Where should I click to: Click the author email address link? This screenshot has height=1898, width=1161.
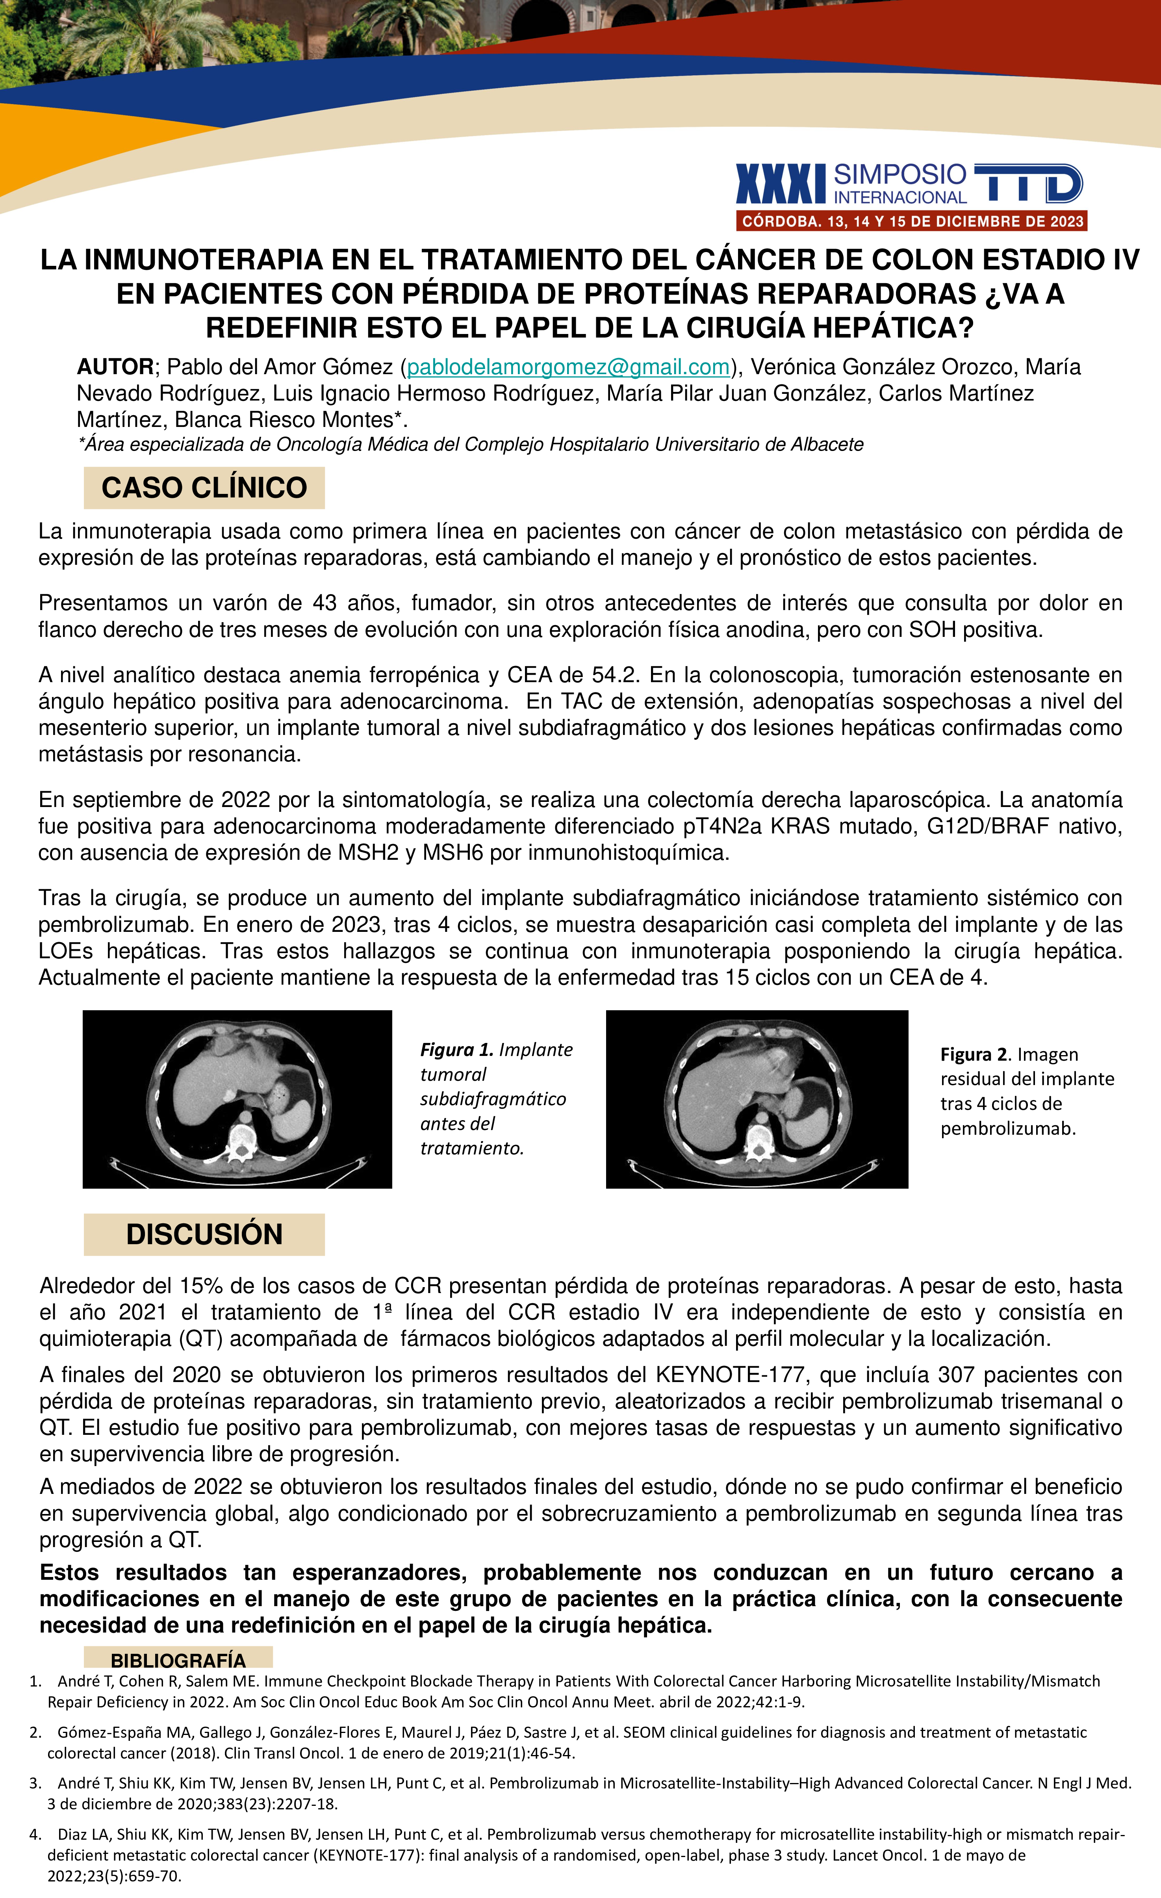(568, 367)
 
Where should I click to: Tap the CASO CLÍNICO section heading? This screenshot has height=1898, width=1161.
(204, 488)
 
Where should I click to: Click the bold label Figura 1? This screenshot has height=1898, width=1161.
(456, 1050)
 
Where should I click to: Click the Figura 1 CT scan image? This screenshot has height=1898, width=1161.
(237, 1099)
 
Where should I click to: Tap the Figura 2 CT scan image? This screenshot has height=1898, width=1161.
(757, 1099)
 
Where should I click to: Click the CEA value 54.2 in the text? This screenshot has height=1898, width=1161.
(616, 675)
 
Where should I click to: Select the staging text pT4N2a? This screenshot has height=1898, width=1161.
(723, 827)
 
